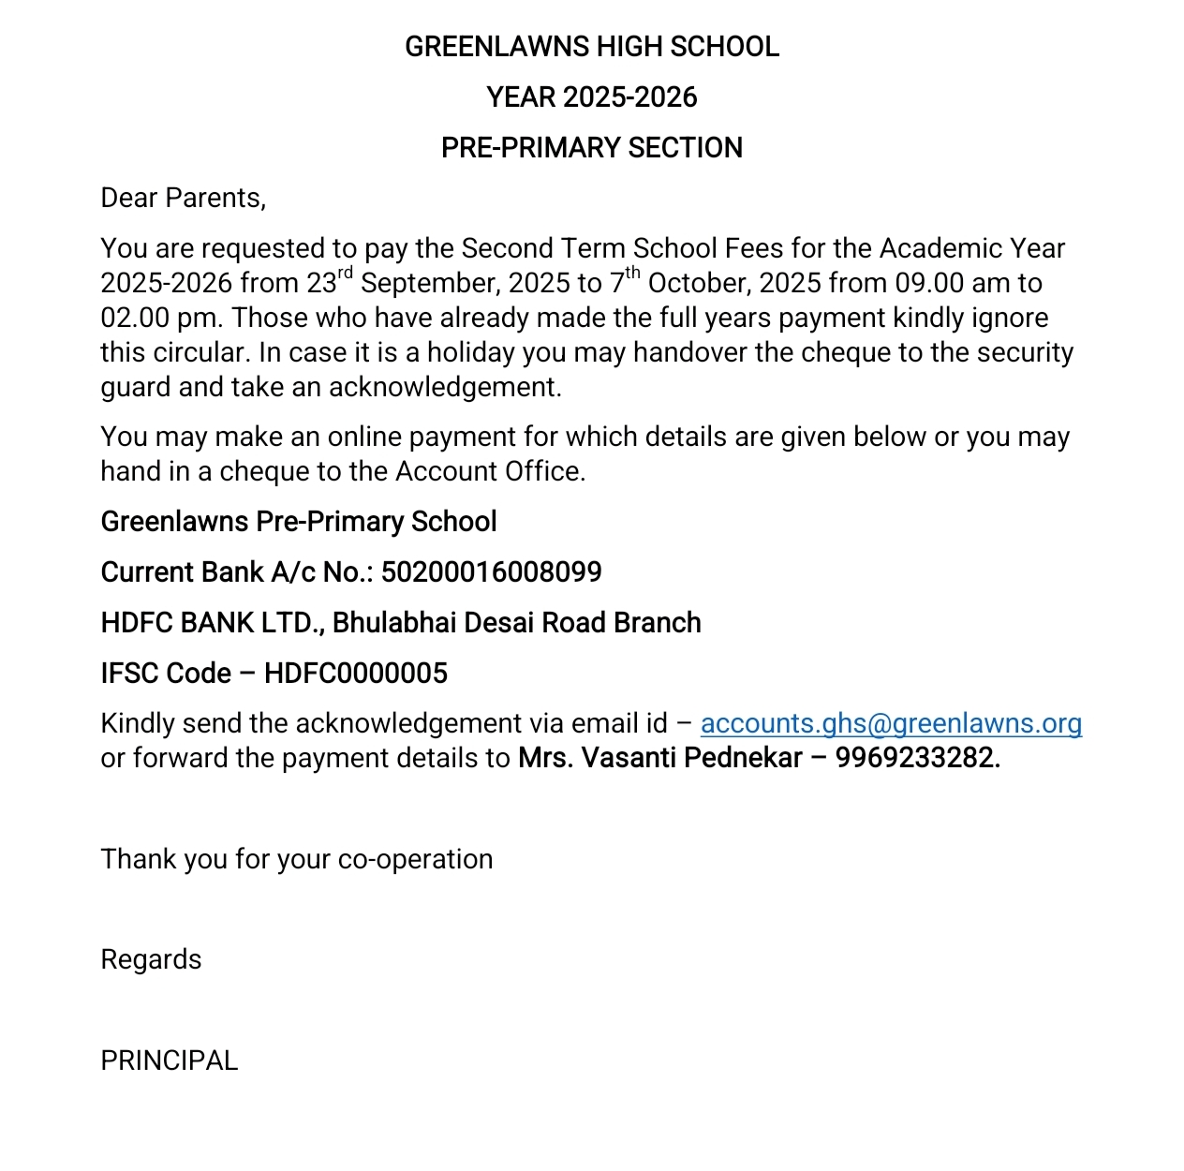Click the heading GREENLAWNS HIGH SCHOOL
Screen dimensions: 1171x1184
(x=591, y=47)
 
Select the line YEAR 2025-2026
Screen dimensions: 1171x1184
(x=591, y=97)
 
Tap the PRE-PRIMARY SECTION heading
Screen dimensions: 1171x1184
(x=591, y=148)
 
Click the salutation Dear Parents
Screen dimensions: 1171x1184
(x=183, y=199)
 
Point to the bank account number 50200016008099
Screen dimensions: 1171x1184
(x=491, y=572)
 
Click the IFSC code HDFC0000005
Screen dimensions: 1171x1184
(x=356, y=674)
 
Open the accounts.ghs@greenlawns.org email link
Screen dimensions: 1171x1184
(x=891, y=724)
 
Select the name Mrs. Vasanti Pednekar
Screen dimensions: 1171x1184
(x=659, y=758)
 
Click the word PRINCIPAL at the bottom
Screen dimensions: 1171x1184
(x=170, y=1060)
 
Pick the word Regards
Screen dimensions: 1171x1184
(x=151, y=960)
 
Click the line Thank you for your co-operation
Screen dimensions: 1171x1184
(x=296, y=860)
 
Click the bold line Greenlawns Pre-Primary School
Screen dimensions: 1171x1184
(x=299, y=522)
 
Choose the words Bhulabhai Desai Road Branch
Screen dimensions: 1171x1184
(x=516, y=623)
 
